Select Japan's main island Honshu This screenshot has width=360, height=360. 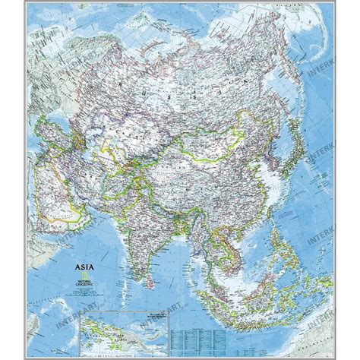click(x=300, y=163)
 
